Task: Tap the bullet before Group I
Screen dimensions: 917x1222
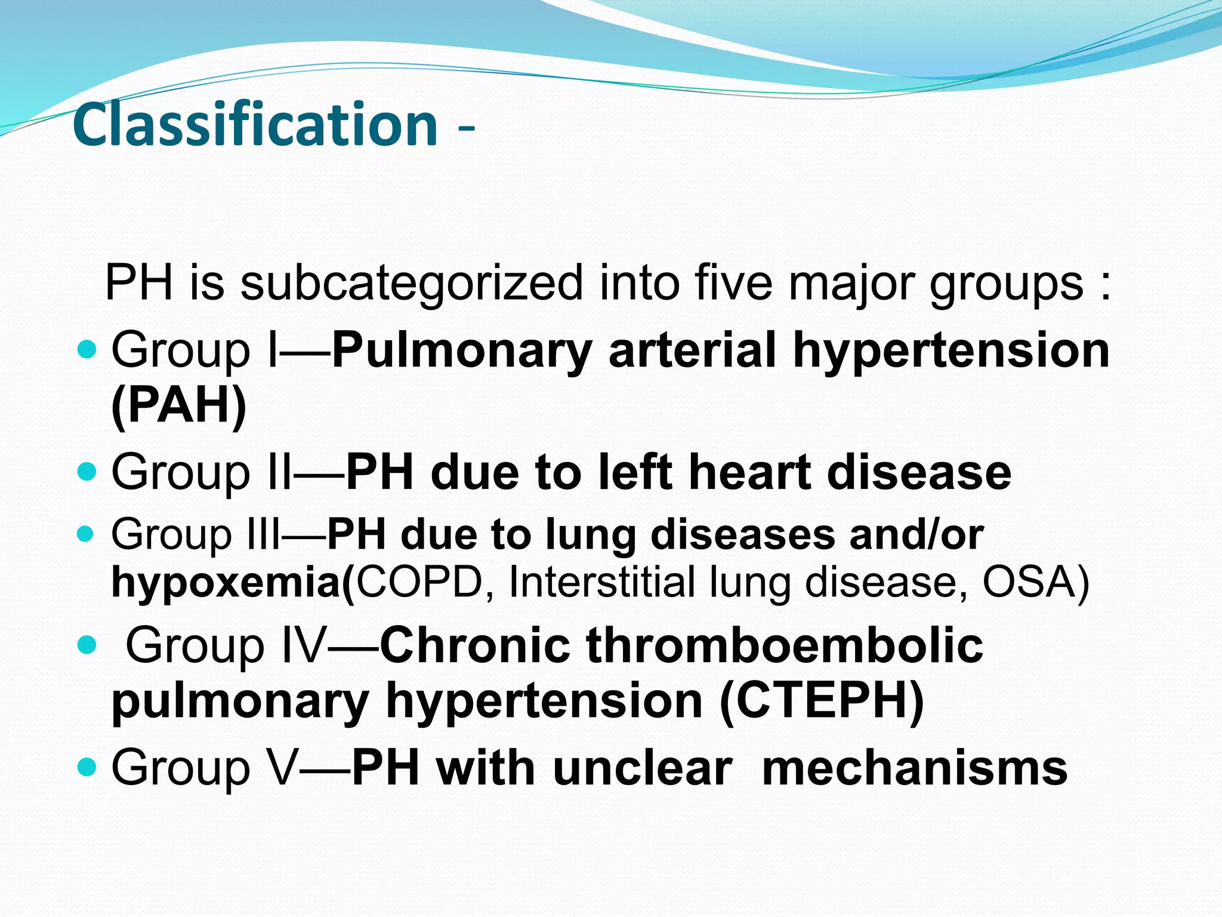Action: [x=87, y=350]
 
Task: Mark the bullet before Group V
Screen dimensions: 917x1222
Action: [x=87, y=767]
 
